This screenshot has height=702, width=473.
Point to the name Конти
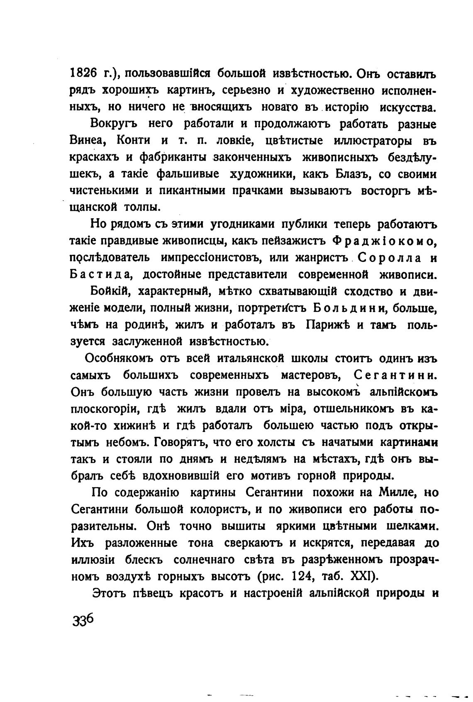click(133, 140)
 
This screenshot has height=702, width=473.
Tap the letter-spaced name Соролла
click(387, 258)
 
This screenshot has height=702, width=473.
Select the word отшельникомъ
click(352, 409)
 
